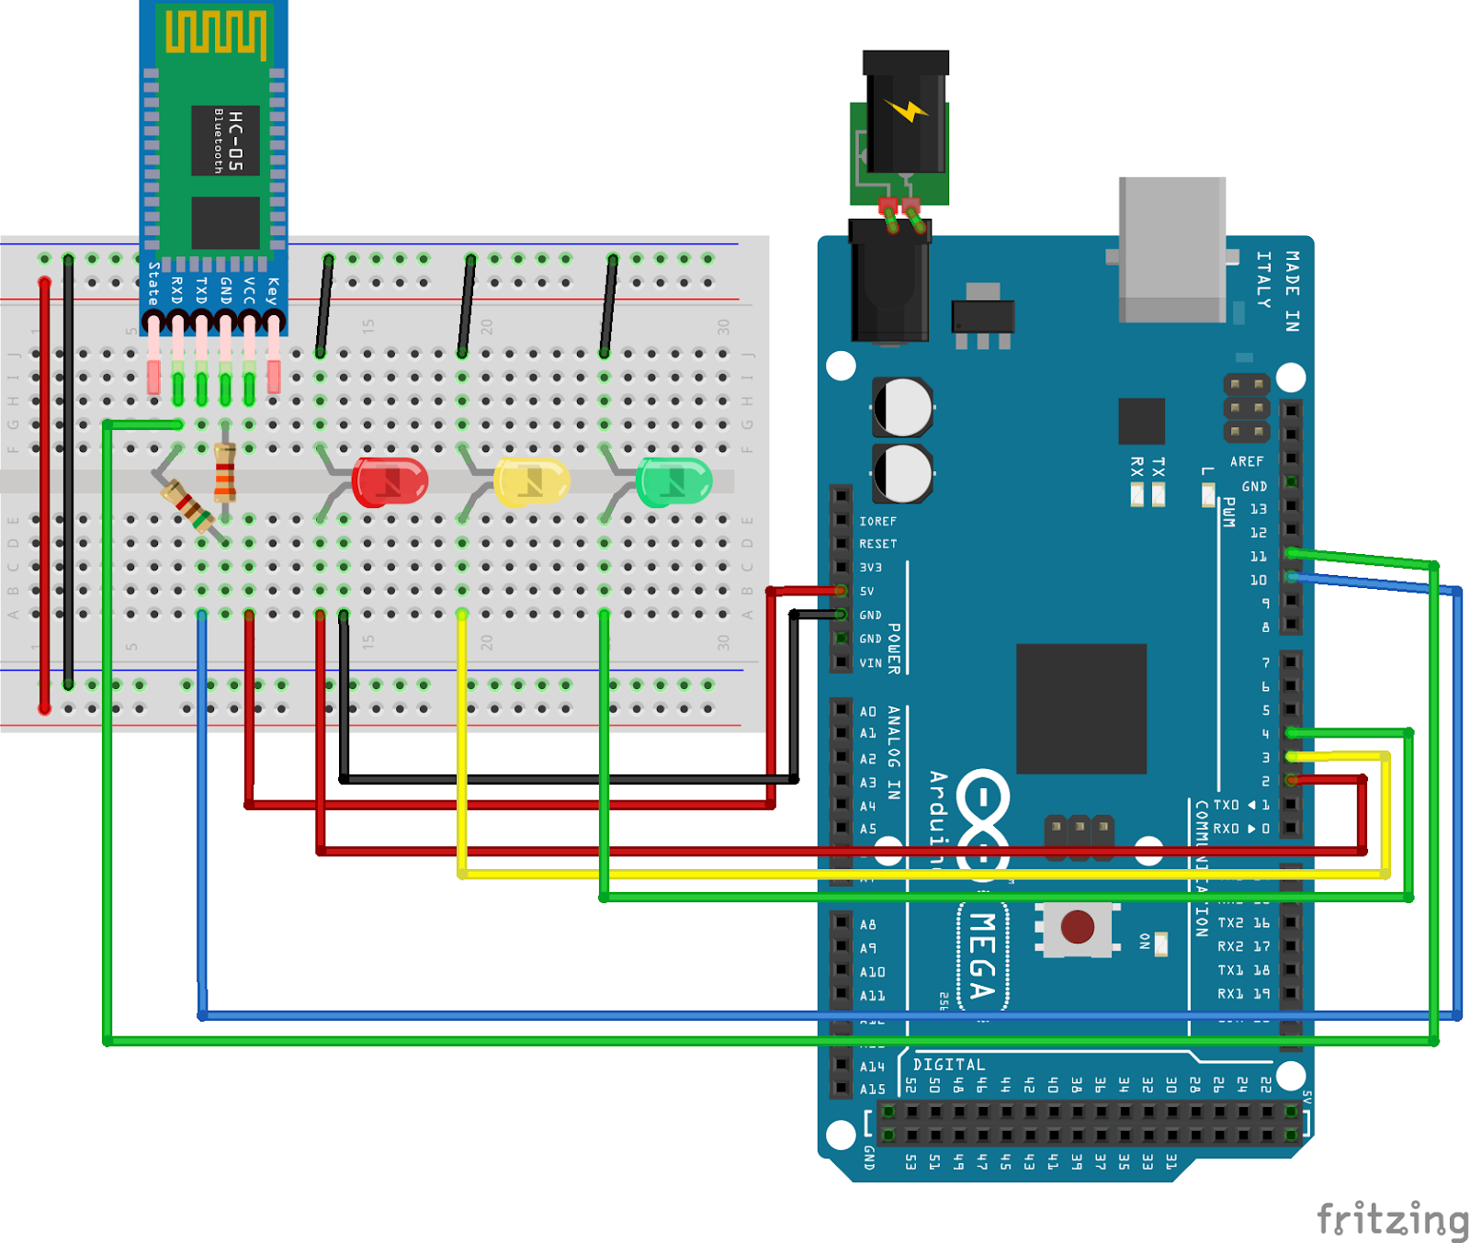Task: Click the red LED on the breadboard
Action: (390, 481)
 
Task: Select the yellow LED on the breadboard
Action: (532, 481)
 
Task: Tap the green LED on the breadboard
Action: (674, 481)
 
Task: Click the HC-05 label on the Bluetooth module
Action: (235, 141)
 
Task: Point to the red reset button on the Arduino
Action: (1077, 927)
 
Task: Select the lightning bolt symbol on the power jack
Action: (907, 110)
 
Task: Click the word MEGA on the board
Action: (982, 955)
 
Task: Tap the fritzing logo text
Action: (1392, 1219)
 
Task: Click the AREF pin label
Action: (1247, 461)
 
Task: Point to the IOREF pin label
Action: (877, 521)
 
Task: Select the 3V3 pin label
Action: (870, 568)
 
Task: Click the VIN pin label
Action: (870, 662)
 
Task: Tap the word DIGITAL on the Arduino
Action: (948, 1064)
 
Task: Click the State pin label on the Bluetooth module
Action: (153, 284)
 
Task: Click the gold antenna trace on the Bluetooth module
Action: (217, 33)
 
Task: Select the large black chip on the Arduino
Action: (1080, 708)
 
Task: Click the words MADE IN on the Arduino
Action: (1292, 291)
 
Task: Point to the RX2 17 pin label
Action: (1243, 946)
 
